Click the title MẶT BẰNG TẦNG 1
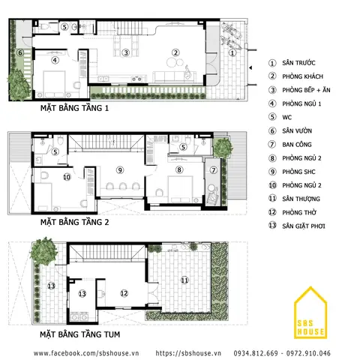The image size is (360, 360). click(74, 108)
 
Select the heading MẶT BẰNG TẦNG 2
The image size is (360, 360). click(74, 222)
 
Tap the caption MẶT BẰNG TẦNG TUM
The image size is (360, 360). click(80, 334)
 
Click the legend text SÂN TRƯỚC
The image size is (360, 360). click(298, 62)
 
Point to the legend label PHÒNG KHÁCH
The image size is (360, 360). click(302, 76)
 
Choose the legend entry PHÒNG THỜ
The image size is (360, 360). click(299, 212)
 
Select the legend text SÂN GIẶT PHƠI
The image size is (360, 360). click(304, 226)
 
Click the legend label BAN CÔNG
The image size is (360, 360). click(297, 144)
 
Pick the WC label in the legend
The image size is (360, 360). click(287, 117)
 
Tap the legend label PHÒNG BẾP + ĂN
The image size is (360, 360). click(306, 90)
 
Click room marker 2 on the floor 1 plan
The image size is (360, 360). click(175, 52)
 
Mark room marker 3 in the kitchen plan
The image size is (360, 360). click(126, 52)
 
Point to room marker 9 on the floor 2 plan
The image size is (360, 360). click(120, 170)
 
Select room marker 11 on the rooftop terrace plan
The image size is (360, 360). click(184, 280)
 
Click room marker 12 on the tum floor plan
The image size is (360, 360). click(124, 293)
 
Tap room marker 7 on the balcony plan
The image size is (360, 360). click(214, 170)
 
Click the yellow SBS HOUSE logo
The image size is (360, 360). click(310, 313)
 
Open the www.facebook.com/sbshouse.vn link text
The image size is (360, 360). click(86, 353)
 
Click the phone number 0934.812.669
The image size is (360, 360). click(256, 353)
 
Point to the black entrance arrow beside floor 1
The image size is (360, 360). click(250, 67)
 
